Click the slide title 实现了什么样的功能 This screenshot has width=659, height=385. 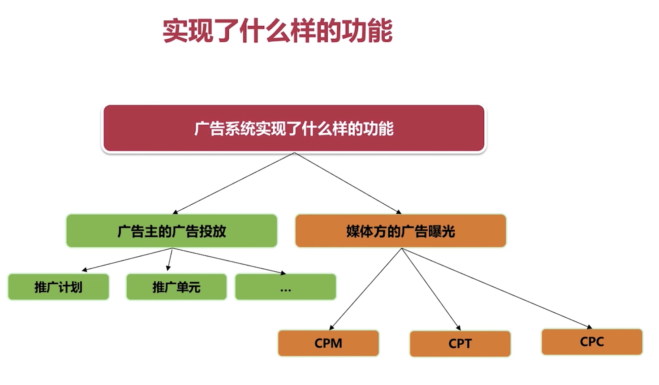point(278,31)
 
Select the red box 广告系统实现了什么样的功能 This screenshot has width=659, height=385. point(294,128)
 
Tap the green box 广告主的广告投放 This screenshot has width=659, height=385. point(171,231)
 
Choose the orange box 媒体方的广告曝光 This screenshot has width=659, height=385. point(400,231)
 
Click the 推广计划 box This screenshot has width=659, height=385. point(59,287)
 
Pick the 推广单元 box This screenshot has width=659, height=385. point(177,287)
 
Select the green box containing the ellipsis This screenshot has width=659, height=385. point(285,287)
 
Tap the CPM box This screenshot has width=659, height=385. point(328,343)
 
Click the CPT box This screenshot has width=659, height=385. point(460,344)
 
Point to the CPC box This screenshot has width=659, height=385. point(592,342)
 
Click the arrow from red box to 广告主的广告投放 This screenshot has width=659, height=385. point(234,183)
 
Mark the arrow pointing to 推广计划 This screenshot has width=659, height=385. point(127,259)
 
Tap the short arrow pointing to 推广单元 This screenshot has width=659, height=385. point(170,259)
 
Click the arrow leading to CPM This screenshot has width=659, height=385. point(365,289)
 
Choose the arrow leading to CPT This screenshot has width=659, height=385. point(431,289)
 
